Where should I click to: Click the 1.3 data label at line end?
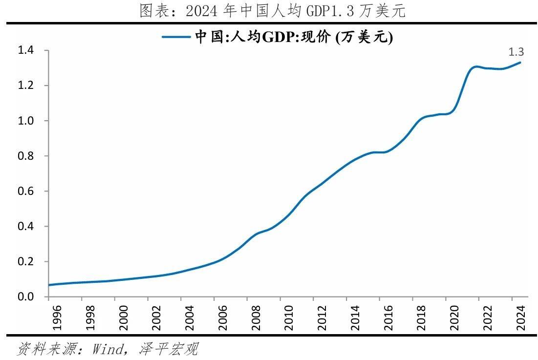tap(516, 52)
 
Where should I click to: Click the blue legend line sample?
tap(177, 36)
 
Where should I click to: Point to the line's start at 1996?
tap(49, 285)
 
